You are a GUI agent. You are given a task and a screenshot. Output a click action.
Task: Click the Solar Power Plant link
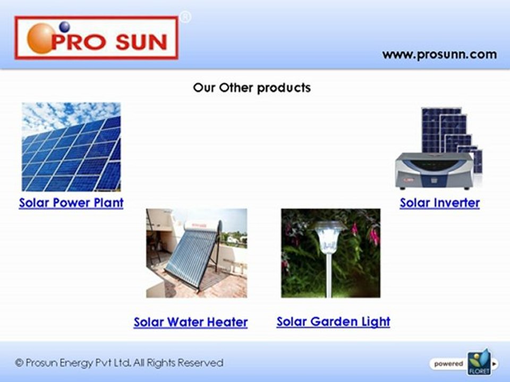pos(71,203)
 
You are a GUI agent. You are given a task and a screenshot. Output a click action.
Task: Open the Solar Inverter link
pos(439,203)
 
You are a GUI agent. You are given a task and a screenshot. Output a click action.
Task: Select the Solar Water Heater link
pos(190,322)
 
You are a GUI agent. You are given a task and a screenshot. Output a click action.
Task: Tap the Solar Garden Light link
pos(333,322)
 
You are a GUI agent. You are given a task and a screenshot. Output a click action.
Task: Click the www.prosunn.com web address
pos(439,55)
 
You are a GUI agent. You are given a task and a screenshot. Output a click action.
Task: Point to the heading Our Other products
pos(252,88)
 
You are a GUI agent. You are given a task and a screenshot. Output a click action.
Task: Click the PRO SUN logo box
pos(96,38)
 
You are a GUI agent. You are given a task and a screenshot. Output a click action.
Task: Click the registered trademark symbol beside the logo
pos(185,18)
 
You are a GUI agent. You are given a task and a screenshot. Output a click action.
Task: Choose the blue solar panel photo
pos(71,147)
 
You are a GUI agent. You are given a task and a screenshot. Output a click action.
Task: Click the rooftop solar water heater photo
pos(197,253)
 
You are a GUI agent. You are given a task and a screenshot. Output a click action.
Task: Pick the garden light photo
pos(330,253)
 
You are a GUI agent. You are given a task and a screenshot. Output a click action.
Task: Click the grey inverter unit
pos(433,170)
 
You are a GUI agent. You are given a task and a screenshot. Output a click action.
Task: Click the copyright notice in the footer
pos(120,363)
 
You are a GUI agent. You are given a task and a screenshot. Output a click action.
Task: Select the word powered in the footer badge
pos(448,364)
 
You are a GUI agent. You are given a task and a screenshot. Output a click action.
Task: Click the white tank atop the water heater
pos(202,225)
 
